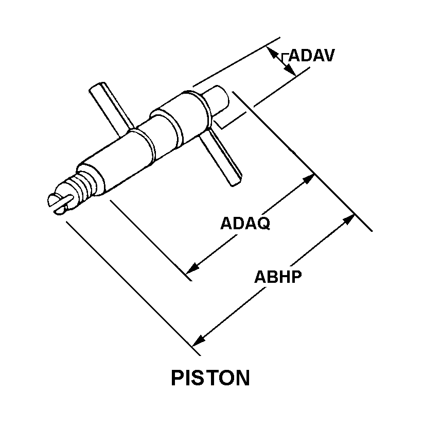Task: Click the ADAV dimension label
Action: [x=312, y=56]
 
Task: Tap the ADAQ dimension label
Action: [x=245, y=224]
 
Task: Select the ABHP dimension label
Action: [x=278, y=277]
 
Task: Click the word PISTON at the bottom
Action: [x=210, y=378]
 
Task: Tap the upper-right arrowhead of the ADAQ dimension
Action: [x=309, y=179]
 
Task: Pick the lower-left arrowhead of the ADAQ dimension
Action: [x=193, y=268]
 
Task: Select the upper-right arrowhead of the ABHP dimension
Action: [x=349, y=219]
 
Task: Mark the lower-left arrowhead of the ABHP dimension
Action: [x=199, y=341]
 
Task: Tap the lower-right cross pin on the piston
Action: [x=221, y=157]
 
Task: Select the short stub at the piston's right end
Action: [x=217, y=100]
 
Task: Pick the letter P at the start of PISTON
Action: [x=178, y=378]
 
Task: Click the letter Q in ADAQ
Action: [x=263, y=224]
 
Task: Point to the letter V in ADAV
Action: [x=328, y=56]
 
